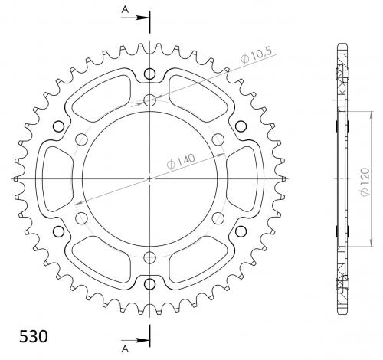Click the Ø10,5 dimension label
click(x=257, y=56)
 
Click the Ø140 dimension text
click(x=181, y=162)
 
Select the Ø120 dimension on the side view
click(x=365, y=182)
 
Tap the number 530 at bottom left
click(x=34, y=336)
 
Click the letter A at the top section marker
click(x=125, y=9)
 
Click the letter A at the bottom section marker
click(x=125, y=349)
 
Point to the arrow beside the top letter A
click(x=135, y=18)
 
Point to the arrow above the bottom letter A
click(x=135, y=340)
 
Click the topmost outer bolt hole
click(x=149, y=74)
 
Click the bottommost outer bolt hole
click(x=149, y=283)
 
